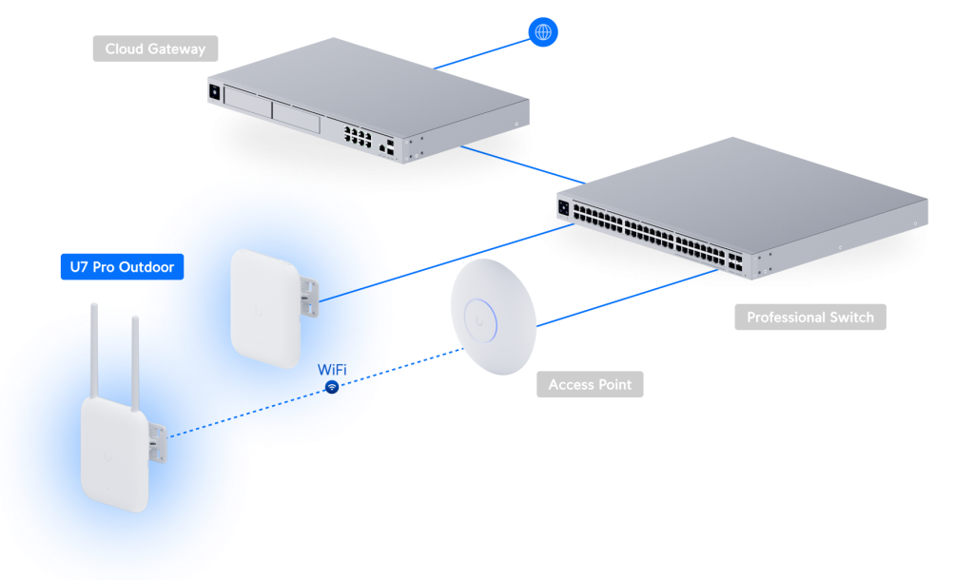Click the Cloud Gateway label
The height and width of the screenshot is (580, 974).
pyautogui.click(x=155, y=48)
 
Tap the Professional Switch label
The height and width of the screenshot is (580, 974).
pyautogui.click(x=809, y=318)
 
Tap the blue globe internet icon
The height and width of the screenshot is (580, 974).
pyautogui.click(x=543, y=32)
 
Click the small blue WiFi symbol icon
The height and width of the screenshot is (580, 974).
pyautogui.click(x=332, y=388)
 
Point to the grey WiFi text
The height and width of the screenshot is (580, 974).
pyautogui.click(x=331, y=369)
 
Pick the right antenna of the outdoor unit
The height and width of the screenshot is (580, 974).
pyautogui.click(x=135, y=353)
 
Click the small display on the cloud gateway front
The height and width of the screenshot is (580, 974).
pyautogui.click(x=214, y=92)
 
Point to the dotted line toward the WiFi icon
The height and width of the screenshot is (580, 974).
pyautogui.click(x=409, y=363)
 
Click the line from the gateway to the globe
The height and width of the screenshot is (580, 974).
pyautogui.click(x=480, y=53)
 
